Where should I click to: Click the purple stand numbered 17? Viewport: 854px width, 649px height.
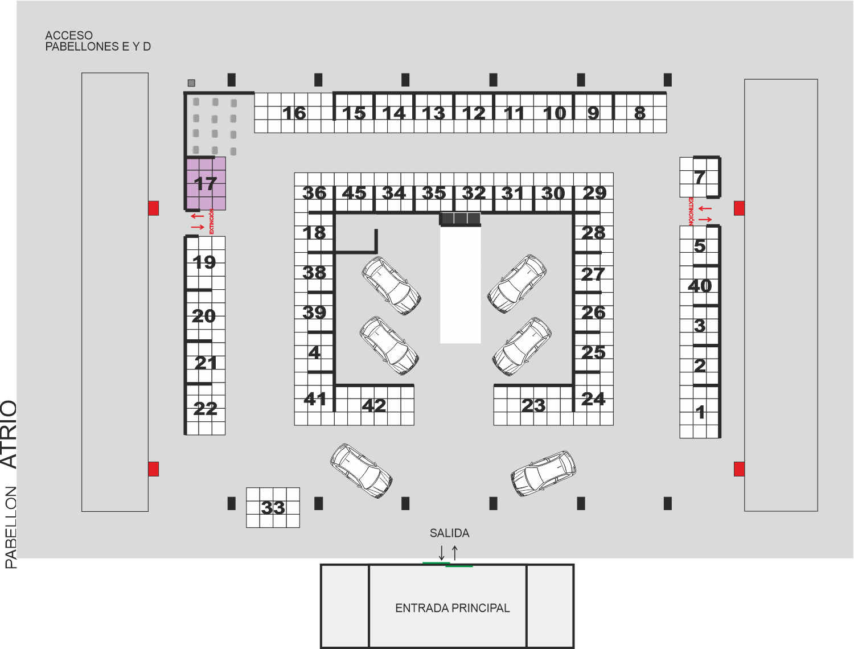click(206, 183)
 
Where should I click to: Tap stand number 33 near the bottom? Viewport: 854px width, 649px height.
click(273, 507)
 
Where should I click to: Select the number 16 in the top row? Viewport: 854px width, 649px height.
click(294, 113)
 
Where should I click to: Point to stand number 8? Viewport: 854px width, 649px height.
click(640, 113)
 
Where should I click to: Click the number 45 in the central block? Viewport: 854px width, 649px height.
click(354, 193)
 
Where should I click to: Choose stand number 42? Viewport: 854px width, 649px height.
click(374, 405)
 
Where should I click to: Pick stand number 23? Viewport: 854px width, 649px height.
click(533, 405)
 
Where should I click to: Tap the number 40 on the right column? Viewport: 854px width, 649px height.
click(700, 286)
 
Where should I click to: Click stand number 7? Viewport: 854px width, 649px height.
click(700, 177)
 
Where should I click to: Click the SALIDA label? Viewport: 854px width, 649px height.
click(449, 533)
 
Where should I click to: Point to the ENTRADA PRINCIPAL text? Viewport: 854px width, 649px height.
click(453, 608)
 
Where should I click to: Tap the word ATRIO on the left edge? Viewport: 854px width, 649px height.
click(9, 434)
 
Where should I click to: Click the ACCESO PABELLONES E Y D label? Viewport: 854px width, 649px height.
click(98, 41)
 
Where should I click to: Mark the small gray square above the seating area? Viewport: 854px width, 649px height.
click(191, 83)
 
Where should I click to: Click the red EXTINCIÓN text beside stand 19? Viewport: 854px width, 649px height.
click(212, 221)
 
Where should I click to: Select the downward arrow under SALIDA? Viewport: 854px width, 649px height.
click(442, 553)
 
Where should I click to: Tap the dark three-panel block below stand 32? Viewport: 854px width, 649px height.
click(460, 219)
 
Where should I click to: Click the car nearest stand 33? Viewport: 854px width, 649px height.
click(361, 471)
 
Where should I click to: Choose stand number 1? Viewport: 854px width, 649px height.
click(700, 412)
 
